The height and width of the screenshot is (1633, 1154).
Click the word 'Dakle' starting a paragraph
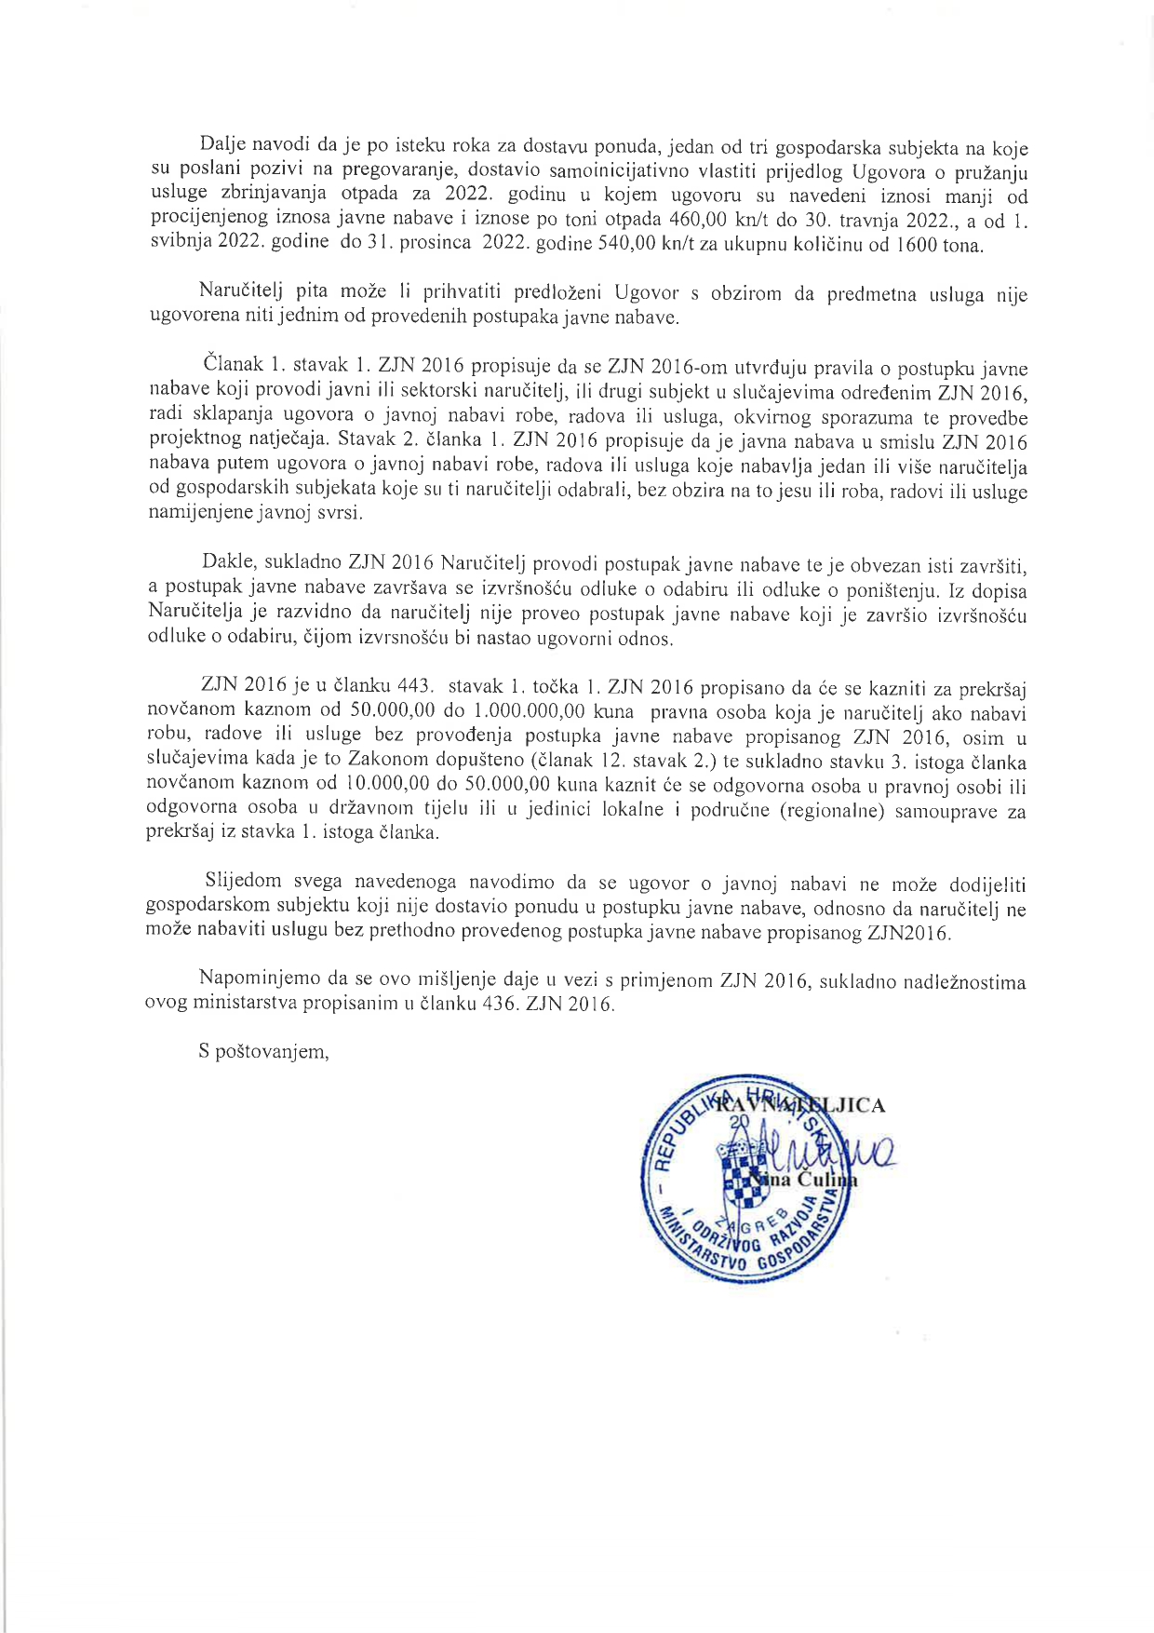(228, 564)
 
